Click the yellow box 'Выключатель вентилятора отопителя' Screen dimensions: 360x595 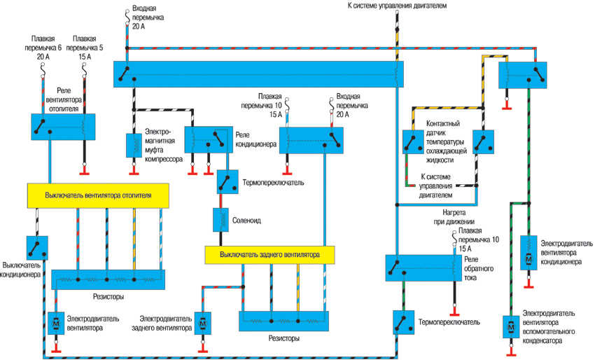pos(97,195)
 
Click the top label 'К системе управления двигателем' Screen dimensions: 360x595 pos(396,6)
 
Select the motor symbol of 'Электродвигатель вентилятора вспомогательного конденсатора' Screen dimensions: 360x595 pos(510,327)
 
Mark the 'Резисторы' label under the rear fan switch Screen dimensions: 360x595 pos(283,338)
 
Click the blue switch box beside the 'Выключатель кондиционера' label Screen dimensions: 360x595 pos(36,247)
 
